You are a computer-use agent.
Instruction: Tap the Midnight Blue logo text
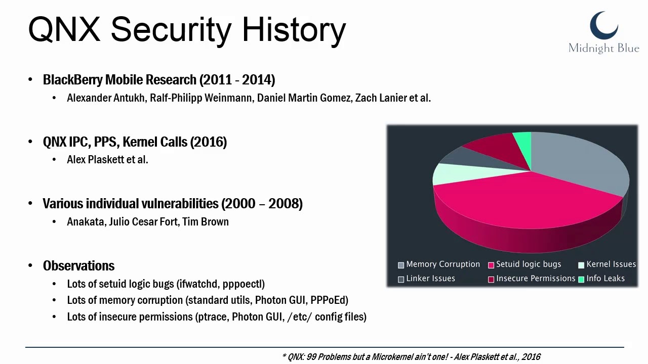(x=604, y=48)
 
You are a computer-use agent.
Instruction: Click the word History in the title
(x=294, y=30)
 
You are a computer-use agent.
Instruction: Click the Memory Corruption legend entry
(x=439, y=264)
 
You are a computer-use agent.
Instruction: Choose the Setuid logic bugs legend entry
(x=524, y=264)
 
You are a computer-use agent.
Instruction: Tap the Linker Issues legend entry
(x=427, y=279)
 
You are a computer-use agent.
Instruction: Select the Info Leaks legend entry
(x=601, y=279)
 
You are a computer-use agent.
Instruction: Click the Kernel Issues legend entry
(x=607, y=264)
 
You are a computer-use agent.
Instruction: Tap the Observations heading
(x=78, y=266)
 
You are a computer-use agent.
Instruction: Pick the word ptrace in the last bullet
(x=212, y=317)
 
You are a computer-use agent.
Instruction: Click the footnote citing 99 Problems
(x=411, y=357)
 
